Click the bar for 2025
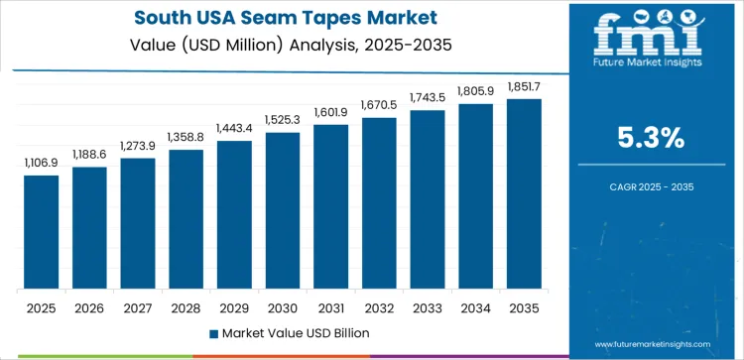pyautogui.click(x=42, y=232)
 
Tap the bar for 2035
pyautogui.click(x=524, y=193)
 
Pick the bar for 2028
pyautogui.click(x=186, y=219)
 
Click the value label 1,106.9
pyautogui.click(x=42, y=163)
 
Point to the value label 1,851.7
pyautogui.click(x=524, y=86)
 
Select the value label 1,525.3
pyautogui.click(x=283, y=120)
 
